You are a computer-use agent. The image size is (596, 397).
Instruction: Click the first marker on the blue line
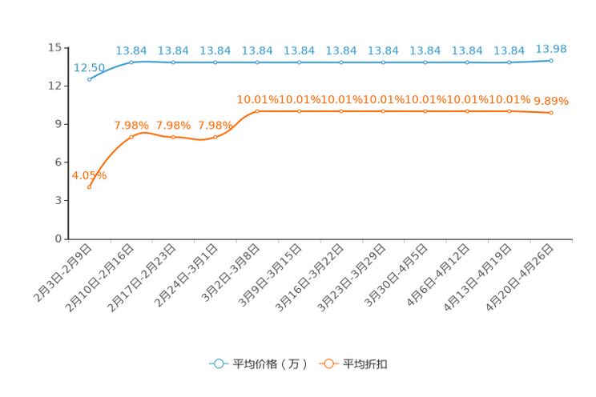tap(89, 79)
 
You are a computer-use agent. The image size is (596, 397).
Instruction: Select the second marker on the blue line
tap(131, 62)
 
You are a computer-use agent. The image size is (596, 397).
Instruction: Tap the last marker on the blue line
tap(551, 60)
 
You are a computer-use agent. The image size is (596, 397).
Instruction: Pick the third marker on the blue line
tap(173, 62)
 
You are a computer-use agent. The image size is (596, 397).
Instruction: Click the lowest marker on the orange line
tap(89, 186)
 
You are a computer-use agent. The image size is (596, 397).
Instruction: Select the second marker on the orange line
tap(131, 137)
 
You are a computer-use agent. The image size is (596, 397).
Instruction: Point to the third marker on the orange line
tap(173, 137)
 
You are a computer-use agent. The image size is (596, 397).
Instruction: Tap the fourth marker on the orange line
tap(215, 137)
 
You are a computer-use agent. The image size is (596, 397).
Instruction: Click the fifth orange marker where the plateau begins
tap(257, 111)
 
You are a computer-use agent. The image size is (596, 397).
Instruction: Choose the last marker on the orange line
tap(551, 113)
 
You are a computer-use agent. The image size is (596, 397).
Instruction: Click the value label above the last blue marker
tap(551, 48)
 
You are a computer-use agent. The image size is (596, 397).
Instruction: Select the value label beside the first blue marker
tap(89, 66)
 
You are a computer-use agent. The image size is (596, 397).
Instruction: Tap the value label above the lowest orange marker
tap(89, 174)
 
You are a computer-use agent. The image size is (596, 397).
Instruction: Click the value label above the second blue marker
tap(131, 50)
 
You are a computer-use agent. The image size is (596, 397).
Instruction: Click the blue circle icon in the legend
tap(218, 363)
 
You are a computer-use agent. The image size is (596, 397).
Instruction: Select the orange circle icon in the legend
tap(328, 363)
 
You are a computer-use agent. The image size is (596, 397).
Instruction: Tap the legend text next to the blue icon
tap(269, 364)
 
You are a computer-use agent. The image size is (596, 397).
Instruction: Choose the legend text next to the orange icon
tap(366, 364)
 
